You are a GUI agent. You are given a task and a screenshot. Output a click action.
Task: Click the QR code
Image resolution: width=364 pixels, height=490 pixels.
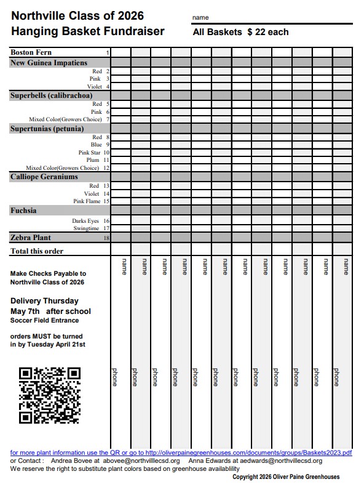pos(50,395)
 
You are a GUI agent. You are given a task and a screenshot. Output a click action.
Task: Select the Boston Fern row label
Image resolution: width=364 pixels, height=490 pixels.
pos(31,53)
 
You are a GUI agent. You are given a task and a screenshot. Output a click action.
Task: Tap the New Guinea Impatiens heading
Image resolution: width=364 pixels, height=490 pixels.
pos(49,63)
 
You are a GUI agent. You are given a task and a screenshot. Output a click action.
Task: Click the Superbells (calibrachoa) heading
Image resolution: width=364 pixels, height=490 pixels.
pos(51,95)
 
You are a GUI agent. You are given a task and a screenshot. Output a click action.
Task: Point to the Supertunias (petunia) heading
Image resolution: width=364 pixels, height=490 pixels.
pos(47,129)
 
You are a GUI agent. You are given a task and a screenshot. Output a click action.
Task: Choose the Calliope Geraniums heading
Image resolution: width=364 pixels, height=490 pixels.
pos(44,177)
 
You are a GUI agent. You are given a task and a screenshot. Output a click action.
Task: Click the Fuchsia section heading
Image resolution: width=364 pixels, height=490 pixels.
pos(23,211)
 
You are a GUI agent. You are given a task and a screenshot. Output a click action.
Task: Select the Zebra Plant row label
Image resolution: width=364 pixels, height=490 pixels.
pos(31,238)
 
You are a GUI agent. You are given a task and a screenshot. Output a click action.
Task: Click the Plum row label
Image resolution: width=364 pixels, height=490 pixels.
pos(92,160)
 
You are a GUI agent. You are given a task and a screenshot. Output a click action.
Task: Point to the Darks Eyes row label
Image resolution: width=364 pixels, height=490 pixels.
pos(85,220)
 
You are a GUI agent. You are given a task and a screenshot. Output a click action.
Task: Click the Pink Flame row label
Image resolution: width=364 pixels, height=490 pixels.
pos(87,201)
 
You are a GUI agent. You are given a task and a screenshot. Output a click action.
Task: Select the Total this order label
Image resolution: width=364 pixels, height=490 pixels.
pos(37,251)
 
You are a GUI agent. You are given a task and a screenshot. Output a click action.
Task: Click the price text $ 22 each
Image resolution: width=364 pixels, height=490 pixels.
pos(267,32)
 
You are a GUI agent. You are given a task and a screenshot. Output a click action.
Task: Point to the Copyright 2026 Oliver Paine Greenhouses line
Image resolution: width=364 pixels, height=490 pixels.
pos(285,477)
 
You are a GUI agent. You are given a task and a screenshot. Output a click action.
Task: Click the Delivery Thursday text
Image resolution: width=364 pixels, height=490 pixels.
pos(44,301)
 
